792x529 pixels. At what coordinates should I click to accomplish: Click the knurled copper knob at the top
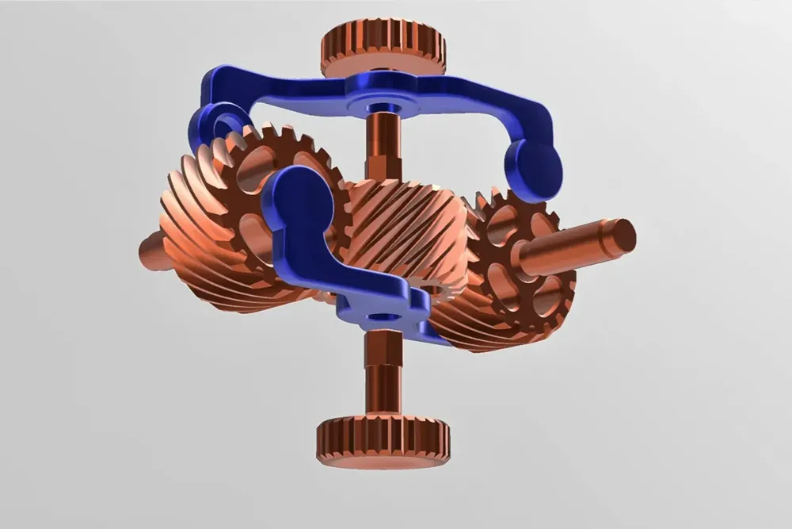point(383,48)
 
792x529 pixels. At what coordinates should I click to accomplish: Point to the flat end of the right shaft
point(623,236)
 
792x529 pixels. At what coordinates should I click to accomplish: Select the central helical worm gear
point(405,229)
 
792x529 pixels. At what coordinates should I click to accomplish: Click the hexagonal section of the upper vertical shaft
point(379,166)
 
